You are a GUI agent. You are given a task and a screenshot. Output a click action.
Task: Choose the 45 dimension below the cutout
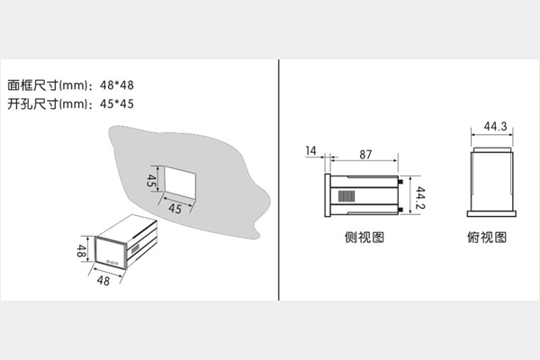(x=177, y=209)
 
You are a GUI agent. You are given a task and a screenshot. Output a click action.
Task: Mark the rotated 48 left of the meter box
(x=82, y=251)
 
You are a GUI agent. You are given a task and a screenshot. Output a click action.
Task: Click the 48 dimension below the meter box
(x=104, y=280)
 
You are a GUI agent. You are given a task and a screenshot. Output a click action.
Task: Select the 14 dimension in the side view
(x=311, y=149)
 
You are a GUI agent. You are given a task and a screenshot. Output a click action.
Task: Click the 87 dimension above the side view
(x=366, y=155)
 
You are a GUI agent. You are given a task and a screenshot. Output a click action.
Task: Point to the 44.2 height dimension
(x=420, y=193)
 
